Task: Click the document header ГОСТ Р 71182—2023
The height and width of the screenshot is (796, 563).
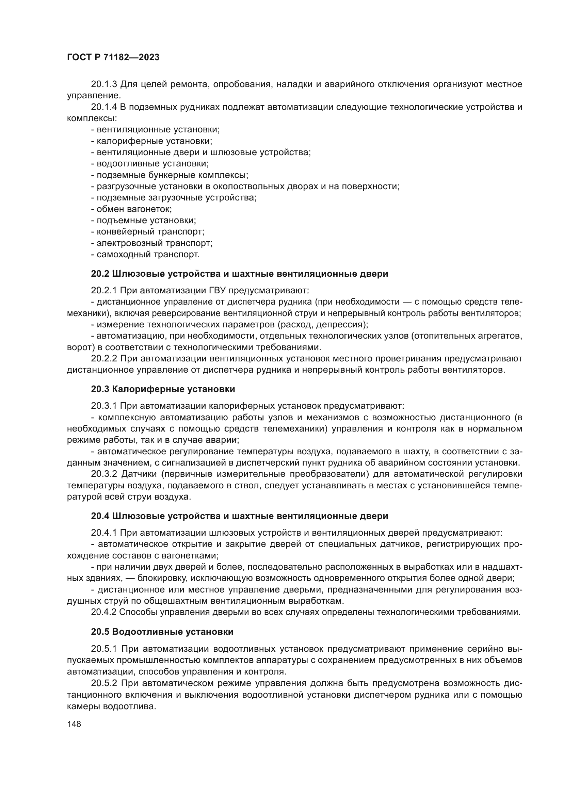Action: pyautogui.click(x=113, y=58)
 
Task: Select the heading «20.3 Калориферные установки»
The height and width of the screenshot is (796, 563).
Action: pyautogui.click(x=163, y=389)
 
